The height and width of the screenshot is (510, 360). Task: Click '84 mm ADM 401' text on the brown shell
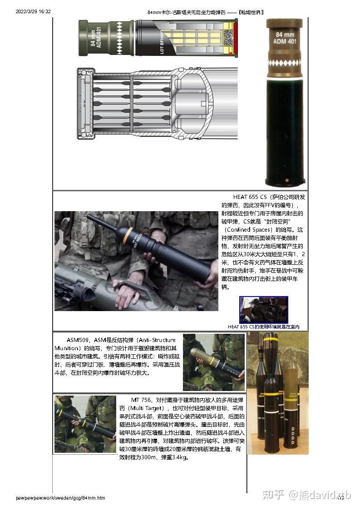[286, 38]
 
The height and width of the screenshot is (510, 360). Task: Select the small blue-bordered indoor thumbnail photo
[264, 310]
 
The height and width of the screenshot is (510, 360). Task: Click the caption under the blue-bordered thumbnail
[264, 327]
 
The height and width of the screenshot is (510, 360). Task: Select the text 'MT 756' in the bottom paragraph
[141, 400]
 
